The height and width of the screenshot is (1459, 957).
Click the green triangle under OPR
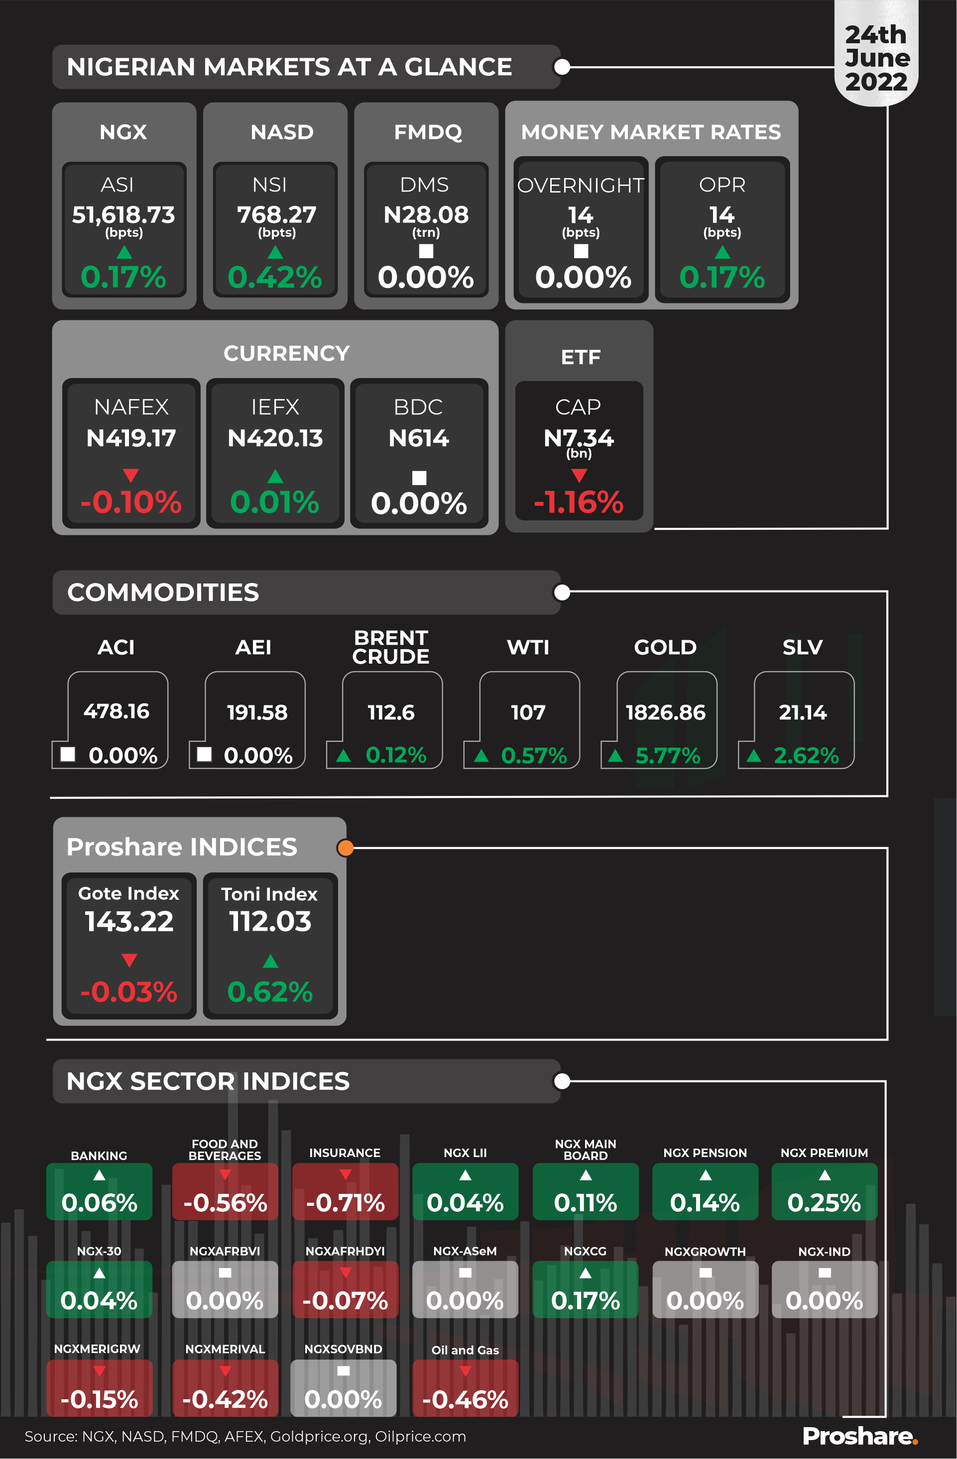click(722, 252)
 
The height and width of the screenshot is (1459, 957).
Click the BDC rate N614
click(418, 438)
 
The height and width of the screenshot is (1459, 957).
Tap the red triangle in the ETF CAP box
click(579, 475)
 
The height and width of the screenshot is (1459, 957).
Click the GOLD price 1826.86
click(665, 712)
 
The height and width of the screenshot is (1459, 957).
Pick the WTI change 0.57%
click(533, 756)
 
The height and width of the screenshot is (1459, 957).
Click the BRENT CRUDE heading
click(391, 647)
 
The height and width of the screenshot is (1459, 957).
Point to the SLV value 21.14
click(803, 712)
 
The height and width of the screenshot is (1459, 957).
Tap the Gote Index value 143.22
click(129, 921)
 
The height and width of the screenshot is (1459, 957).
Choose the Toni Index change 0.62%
click(270, 991)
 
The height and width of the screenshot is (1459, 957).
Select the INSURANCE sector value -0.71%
click(346, 1202)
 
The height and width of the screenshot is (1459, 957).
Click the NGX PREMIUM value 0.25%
click(824, 1202)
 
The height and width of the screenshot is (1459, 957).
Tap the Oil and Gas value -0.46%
click(465, 1399)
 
